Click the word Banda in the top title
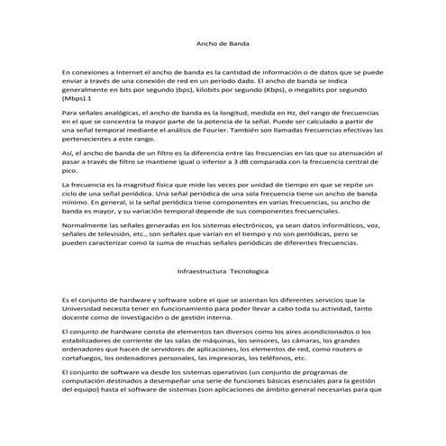238,43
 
